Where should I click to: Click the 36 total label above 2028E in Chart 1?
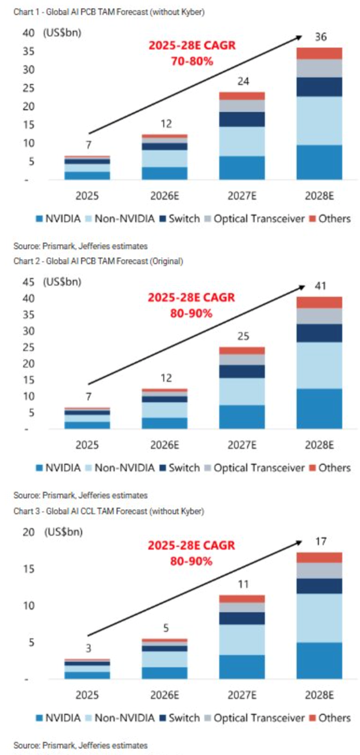click(321, 37)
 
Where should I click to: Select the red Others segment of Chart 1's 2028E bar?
click(319, 53)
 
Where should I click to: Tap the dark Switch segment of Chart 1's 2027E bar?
click(242, 120)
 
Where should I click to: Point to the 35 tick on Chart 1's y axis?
click(29, 51)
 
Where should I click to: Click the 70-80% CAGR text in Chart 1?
click(192, 61)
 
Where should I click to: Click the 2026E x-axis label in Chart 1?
click(165, 196)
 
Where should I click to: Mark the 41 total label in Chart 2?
click(320, 286)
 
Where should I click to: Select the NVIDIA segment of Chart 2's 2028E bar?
click(319, 408)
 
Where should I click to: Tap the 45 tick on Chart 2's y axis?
click(29, 282)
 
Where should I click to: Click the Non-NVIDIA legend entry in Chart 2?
click(121, 468)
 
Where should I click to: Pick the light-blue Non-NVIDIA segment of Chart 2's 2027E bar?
click(242, 391)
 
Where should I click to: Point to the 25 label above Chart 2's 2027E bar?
click(243, 336)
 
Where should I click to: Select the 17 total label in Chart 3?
click(321, 541)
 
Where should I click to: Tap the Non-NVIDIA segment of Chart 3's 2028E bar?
click(319, 618)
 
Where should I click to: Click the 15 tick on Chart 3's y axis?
click(29, 569)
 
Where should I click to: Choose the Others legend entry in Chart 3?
click(330, 718)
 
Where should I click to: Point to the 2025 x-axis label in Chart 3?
click(87, 695)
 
